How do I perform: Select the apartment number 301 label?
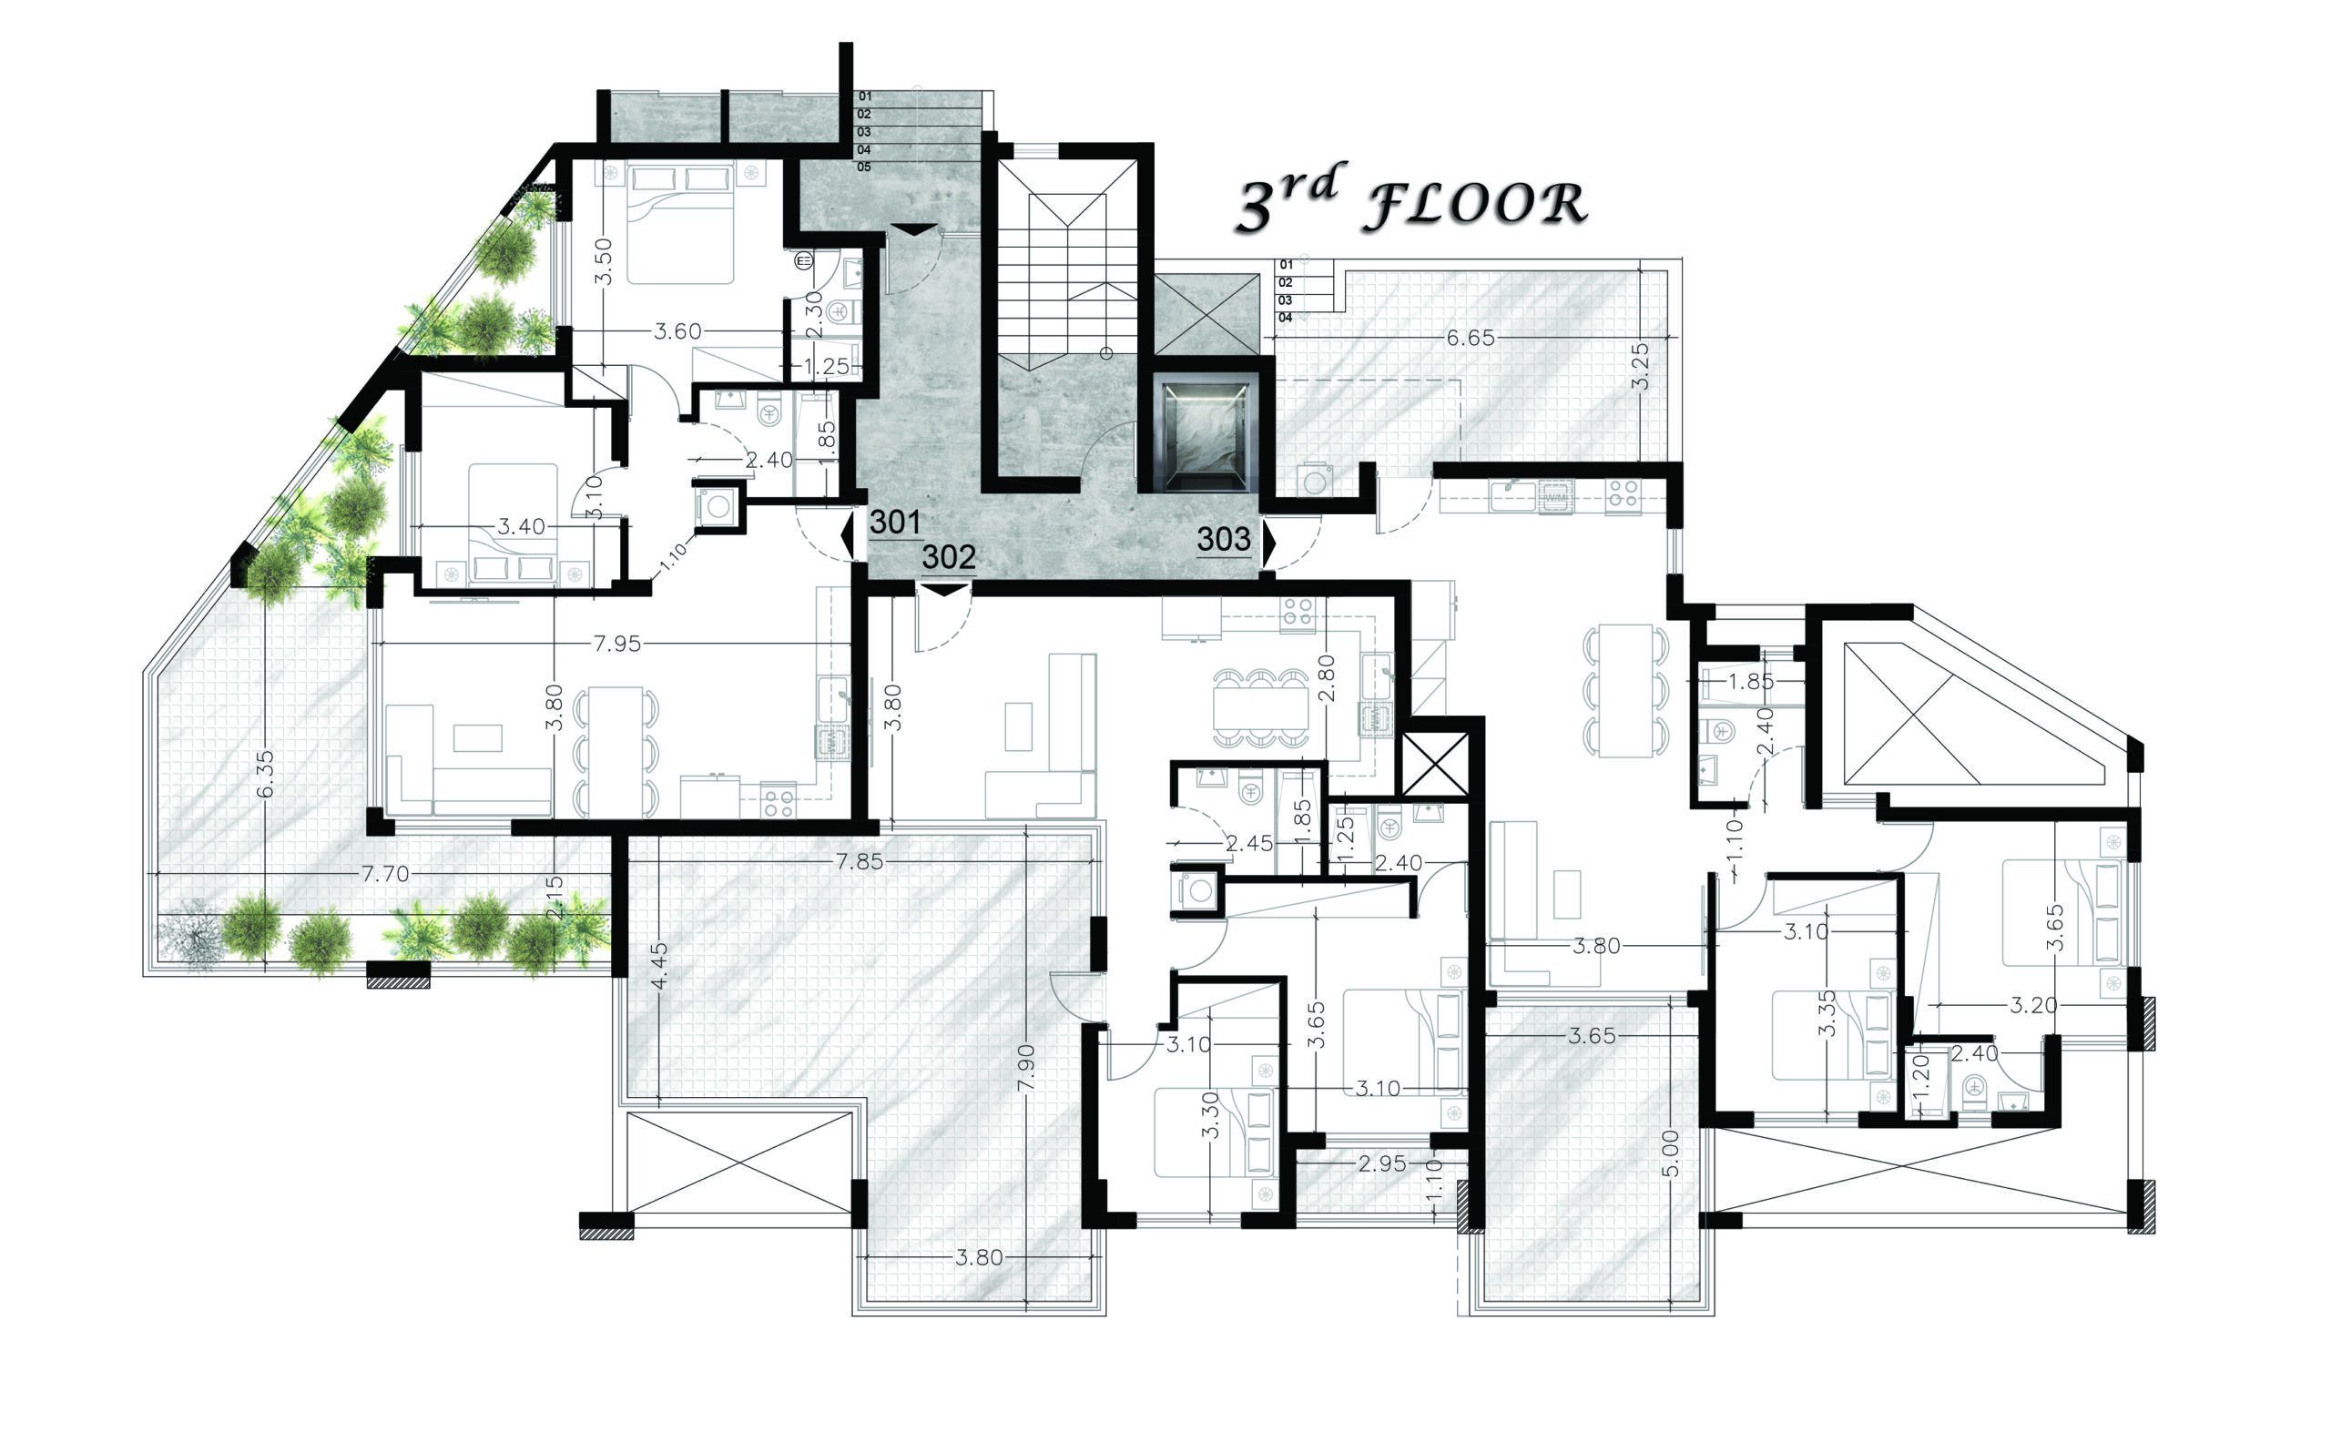895,522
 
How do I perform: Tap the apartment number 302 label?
948,557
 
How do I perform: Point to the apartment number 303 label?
1224,539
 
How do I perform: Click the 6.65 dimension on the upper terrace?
1470,338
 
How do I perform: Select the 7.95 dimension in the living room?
616,644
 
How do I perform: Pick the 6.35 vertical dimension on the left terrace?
265,774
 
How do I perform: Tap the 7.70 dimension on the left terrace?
385,874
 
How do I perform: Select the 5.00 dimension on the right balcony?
1672,1153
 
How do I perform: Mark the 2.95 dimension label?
1382,1164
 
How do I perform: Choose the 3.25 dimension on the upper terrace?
1642,367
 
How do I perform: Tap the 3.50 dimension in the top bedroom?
604,261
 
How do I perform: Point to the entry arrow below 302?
946,590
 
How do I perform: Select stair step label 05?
864,168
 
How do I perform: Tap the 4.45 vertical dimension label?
660,965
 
